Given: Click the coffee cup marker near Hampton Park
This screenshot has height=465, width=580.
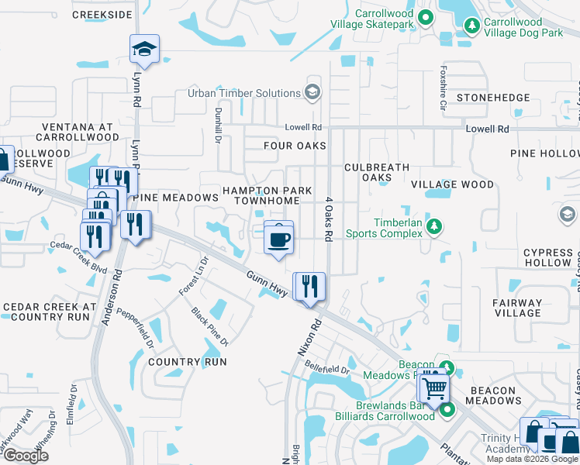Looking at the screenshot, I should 279,236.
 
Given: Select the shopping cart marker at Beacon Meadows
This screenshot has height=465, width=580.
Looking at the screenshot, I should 434,387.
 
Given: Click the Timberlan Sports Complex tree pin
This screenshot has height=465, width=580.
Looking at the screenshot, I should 435,226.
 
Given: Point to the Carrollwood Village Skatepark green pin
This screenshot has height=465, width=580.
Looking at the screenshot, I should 424,17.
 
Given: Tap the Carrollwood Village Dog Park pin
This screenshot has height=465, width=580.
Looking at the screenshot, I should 471,26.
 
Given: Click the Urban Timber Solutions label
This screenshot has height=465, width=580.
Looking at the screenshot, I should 243,93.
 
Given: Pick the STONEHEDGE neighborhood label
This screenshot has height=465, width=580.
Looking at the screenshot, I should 493,98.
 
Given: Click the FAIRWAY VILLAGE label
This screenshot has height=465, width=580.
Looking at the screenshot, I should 517,308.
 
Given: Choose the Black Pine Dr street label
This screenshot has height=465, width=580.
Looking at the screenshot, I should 210,325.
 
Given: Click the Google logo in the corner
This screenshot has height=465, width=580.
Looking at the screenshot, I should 26,456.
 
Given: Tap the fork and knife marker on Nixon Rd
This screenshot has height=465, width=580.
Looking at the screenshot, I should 309,286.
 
